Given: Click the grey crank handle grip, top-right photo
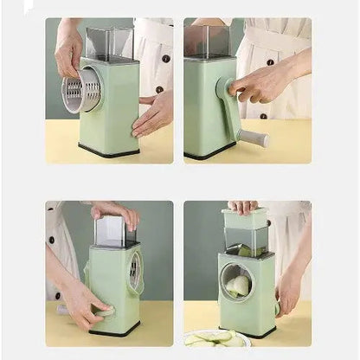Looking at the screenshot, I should click(253, 137).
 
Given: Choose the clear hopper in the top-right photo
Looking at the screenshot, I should click(208, 42).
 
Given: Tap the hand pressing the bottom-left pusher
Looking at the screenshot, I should click(117, 211).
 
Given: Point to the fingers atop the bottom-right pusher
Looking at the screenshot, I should click(242, 206).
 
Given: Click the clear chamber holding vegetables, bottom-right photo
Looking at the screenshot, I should click(246, 241).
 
